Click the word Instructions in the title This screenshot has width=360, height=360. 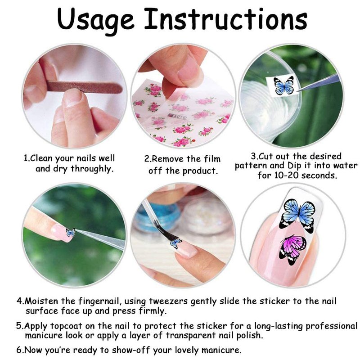(x=226, y=18)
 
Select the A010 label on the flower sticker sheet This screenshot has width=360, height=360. (x=177, y=117)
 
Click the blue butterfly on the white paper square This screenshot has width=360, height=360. (x=284, y=85)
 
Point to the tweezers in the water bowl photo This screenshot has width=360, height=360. (x=318, y=83)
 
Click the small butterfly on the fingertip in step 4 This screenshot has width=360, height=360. (x=70, y=232)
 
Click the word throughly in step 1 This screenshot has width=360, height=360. (x=92, y=169)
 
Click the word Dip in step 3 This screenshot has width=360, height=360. (x=294, y=166)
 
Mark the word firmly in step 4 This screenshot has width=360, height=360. (x=152, y=311)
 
